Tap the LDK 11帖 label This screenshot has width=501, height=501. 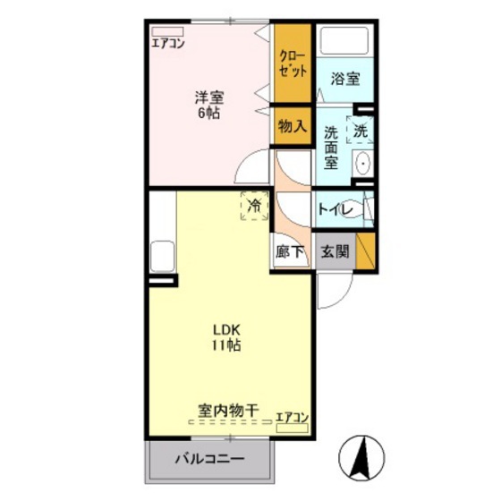pyautogui.click(x=225, y=336)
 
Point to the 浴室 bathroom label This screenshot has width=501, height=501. pyautogui.click(x=346, y=79)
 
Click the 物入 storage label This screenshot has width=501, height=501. pyautogui.click(x=292, y=127)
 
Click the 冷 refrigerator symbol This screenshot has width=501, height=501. pyautogui.click(x=254, y=207)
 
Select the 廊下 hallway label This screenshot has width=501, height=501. pyautogui.click(x=291, y=253)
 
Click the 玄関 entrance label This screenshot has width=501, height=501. pyautogui.click(x=335, y=253)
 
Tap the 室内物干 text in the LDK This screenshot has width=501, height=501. pyautogui.click(x=228, y=412)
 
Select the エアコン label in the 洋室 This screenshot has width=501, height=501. pyautogui.click(x=168, y=42)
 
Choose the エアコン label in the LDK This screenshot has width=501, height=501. pyautogui.click(x=292, y=417)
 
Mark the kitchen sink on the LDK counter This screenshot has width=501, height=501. pyautogui.click(x=164, y=257)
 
